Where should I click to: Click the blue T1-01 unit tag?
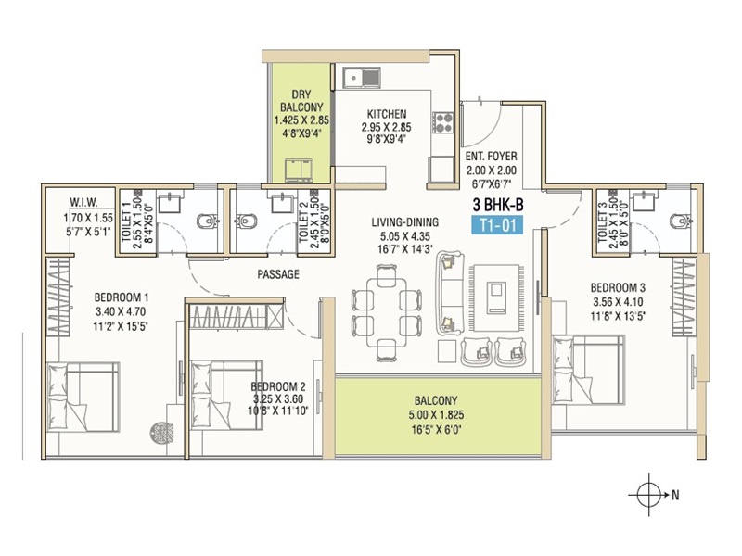(x=497, y=225)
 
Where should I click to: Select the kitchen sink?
(x=362, y=77)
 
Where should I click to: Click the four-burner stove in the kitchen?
(x=442, y=122)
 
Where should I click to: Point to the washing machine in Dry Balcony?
(x=299, y=171)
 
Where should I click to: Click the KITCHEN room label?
(x=387, y=114)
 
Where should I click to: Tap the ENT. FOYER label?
(x=492, y=156)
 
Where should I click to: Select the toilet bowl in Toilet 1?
(x=207, y=221)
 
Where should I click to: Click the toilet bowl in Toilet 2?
(x=246, y=221)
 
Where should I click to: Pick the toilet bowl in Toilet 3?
(x=680, y=221)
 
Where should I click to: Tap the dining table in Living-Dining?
(x=386, y=313)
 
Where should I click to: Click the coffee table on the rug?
(x=496, y=297)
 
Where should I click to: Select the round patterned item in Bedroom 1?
(x=160, y=432)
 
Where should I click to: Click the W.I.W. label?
(x=83, y=202)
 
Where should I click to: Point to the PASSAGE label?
(x=278, y=274)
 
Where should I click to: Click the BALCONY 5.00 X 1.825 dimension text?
(x=436, y=415)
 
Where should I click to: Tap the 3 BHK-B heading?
(x=498, y=205)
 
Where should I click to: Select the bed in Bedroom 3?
(x=588, y=369)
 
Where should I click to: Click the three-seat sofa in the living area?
(x=450, y=293)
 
